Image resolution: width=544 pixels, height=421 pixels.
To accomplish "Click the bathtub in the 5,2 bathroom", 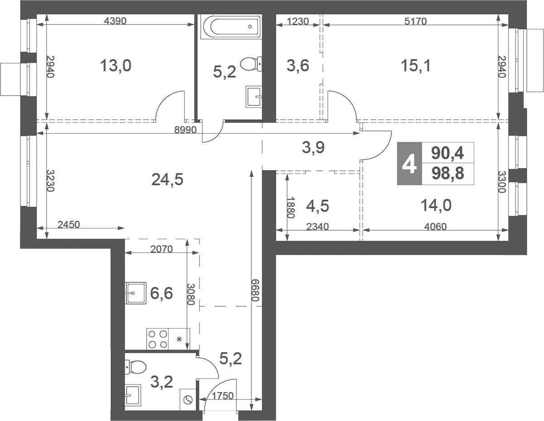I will coord(231,27).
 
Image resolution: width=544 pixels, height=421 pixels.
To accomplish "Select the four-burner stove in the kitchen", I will coord(157,339).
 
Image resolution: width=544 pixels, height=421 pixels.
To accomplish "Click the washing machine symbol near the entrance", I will coord(188,399).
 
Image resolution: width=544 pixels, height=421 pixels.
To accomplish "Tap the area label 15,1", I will coord(415,66).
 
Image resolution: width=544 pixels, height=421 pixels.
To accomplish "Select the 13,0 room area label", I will coord(116,66).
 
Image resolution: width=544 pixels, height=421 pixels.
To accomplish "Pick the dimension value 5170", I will coord(415,21).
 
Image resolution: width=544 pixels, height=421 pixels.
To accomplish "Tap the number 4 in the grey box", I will coord(409,164).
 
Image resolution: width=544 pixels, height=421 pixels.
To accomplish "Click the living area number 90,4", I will coord(447,153).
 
